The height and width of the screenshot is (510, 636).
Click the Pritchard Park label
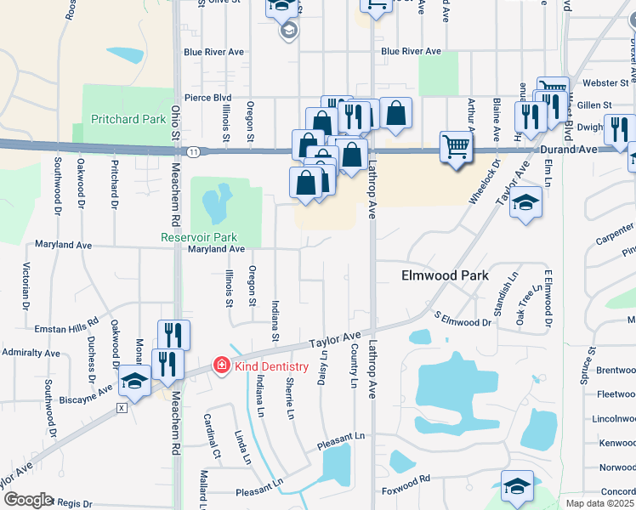[x=128, y=119]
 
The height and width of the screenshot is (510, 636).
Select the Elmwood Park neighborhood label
[x=445, y=275]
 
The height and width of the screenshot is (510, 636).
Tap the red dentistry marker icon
[x=221, y=365]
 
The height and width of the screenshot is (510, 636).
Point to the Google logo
[x=27, y=499]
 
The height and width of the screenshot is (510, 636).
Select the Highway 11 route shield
[x=195, y=151]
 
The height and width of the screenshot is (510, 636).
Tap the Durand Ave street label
[x=569, y=148]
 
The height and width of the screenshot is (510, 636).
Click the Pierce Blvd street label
[x=209, y=98]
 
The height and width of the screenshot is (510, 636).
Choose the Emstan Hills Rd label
[x=67, y=327]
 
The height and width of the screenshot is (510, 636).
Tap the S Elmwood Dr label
[x=463, y=320]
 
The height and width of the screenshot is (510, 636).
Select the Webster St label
[x=611, y=83]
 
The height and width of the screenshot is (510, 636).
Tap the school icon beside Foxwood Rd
[x=516, y=485]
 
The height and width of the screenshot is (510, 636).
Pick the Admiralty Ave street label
[x=31, y=352]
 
